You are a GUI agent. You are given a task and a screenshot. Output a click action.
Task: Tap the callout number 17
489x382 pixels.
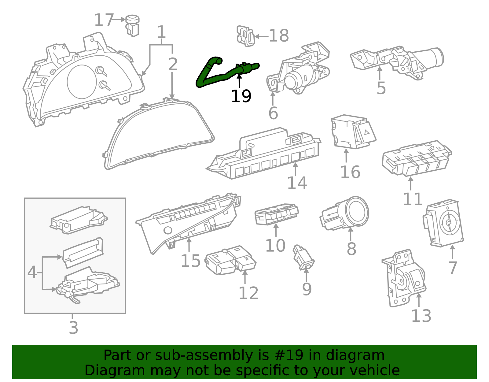pyautogui.click(x=104, y=20)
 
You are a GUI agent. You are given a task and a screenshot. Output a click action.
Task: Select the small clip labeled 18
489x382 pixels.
pyautogui.click(x=245, y=36)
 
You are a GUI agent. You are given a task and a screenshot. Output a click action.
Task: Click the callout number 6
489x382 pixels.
pyautogui.click(x=273, y=113)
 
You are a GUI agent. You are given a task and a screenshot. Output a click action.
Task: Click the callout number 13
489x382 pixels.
pyautogui.click(x=421, y=316)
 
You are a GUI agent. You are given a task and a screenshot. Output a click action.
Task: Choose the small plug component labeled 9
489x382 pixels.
pyautogui.click(x=303, y=258)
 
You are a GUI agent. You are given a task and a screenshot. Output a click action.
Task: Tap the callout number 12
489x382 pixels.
pyautogui.click(x=248, y=293)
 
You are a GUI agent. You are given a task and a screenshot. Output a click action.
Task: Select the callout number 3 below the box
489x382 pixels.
pyautogui.click(x=73, y=328)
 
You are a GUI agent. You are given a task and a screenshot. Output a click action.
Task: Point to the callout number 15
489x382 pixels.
pyautogui.click(x=190, y=261)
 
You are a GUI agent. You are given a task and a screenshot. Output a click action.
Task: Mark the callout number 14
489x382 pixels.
pyautogui.click(x=297, y=183)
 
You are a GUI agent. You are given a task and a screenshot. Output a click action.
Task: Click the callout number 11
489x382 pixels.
pyautogui.click(x=413, y=199)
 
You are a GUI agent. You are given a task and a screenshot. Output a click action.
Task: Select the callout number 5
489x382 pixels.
pyautogui.click(x=381, y=88)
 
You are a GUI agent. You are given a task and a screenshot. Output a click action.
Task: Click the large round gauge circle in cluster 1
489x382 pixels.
pyautogui.click(x=82, y=82)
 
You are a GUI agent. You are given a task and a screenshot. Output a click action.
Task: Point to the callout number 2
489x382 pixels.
pyautogui.click(x=173, y=64)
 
